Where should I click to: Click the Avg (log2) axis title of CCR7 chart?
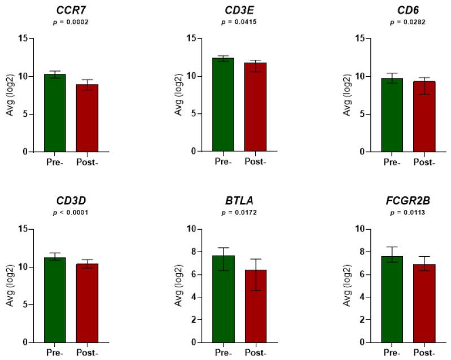[x=9, y=95]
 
